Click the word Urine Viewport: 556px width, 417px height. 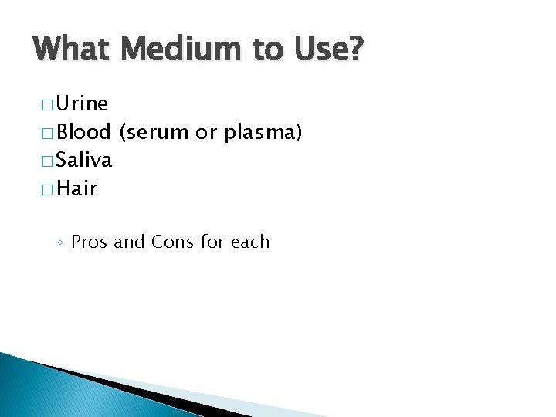pos(83,103)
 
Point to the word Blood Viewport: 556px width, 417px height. pos(85,132)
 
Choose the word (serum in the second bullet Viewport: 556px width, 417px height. pos(154,133)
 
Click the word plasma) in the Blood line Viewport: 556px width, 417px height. pos(263,133)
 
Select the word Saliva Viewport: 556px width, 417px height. pos(85,160)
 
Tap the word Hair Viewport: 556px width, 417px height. pos(77,188)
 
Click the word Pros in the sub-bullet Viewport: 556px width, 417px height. pos(90,242)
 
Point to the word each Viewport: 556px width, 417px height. pos(250,242)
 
